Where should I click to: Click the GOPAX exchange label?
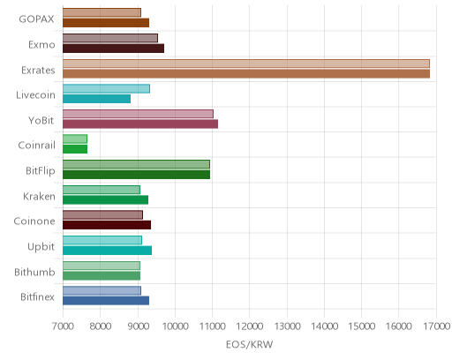coord(36,19)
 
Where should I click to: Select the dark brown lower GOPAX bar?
coord(106,23)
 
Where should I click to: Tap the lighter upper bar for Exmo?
coord(110,38)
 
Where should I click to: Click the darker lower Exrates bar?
coord(246,73)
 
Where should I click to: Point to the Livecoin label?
coord(35,95)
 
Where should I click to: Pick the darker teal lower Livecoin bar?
coord(96,99)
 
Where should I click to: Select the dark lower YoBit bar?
coord(140,124)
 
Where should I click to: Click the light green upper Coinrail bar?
coord(75,139)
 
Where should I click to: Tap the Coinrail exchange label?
coord(37,146)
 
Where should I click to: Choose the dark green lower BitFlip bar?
coord(136,175)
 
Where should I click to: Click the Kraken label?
coord(39,196)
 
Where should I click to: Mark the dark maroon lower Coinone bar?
coord(107,225)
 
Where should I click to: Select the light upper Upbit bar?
coord(102,240)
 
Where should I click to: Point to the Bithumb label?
coord(34,272)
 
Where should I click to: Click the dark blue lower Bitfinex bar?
coord(106,301)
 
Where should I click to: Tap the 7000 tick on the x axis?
coord(63,326)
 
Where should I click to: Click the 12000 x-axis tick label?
coord(250,326)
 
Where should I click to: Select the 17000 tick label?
coord(436,326)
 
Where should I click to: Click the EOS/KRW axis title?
coord(250,344)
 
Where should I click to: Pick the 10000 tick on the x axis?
coord(175,326)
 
